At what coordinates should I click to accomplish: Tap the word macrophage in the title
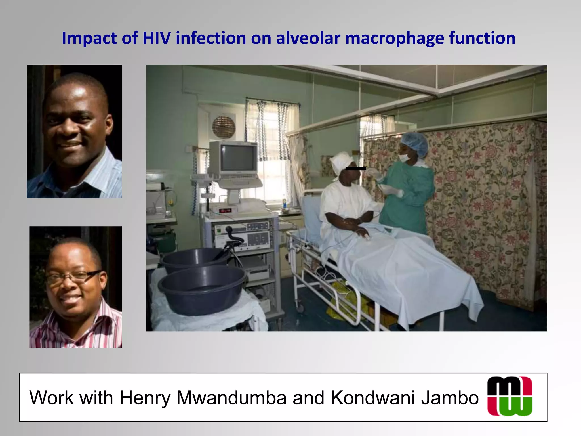pyautogui.click(x=394, y=39)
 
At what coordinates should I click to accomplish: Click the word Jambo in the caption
pyautogui.click(x=450, y=398)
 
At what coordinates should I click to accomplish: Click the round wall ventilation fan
pyautogui.click(x=224, y=127)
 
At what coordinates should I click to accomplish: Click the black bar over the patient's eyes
pyautogui.click(x=356, y=168)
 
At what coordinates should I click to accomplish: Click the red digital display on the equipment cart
pyautogui.click(x=226, y=211)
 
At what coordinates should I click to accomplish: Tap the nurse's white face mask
pyautogui.click(x=404, y=158)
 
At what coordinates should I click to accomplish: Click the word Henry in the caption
pyautogui.click(x=145, y=398)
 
